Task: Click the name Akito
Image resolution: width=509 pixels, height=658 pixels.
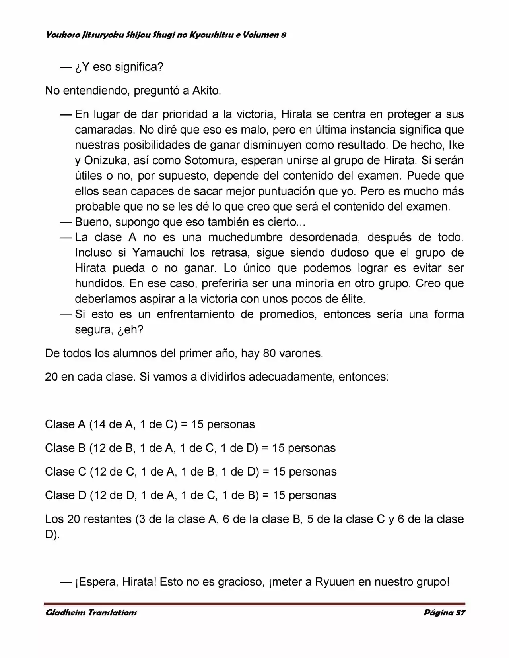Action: pyautogui.click(x=206, y=91)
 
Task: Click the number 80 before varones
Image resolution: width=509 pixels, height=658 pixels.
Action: pyautogui.click(x=269, y=353)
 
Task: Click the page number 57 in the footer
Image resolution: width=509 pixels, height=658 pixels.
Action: pyautogui.click(x=460, y=612)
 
